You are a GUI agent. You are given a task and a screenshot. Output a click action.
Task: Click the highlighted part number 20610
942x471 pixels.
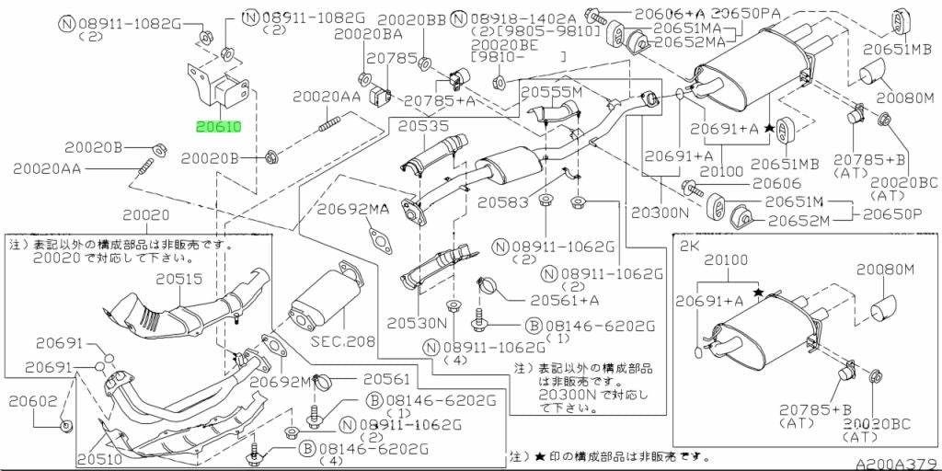[216, 126]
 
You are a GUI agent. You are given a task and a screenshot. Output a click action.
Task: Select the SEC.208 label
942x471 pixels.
[347, 341]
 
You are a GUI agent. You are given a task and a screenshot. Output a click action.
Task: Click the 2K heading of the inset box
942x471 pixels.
[689, 247]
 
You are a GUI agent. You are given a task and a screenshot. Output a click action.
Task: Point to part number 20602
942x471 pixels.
[33, 401]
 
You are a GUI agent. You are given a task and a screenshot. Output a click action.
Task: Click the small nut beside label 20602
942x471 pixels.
[67, 425]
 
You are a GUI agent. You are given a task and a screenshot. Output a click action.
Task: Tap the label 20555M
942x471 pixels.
[552, 94]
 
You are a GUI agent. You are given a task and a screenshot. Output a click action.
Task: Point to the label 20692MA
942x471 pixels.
[354, 210]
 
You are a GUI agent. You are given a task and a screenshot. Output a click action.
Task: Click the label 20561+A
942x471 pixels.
[564, 299]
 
